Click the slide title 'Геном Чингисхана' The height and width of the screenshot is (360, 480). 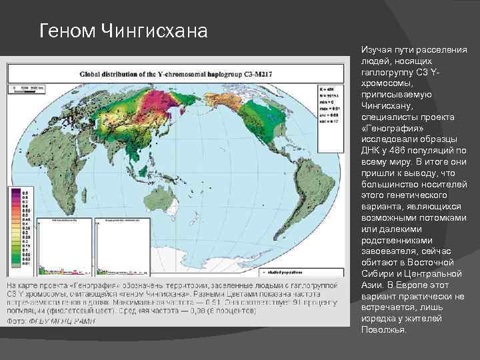pyautogui.click(x=123, y=31)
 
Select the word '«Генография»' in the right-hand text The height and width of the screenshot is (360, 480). pyautogui.click(x=389, y=127)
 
